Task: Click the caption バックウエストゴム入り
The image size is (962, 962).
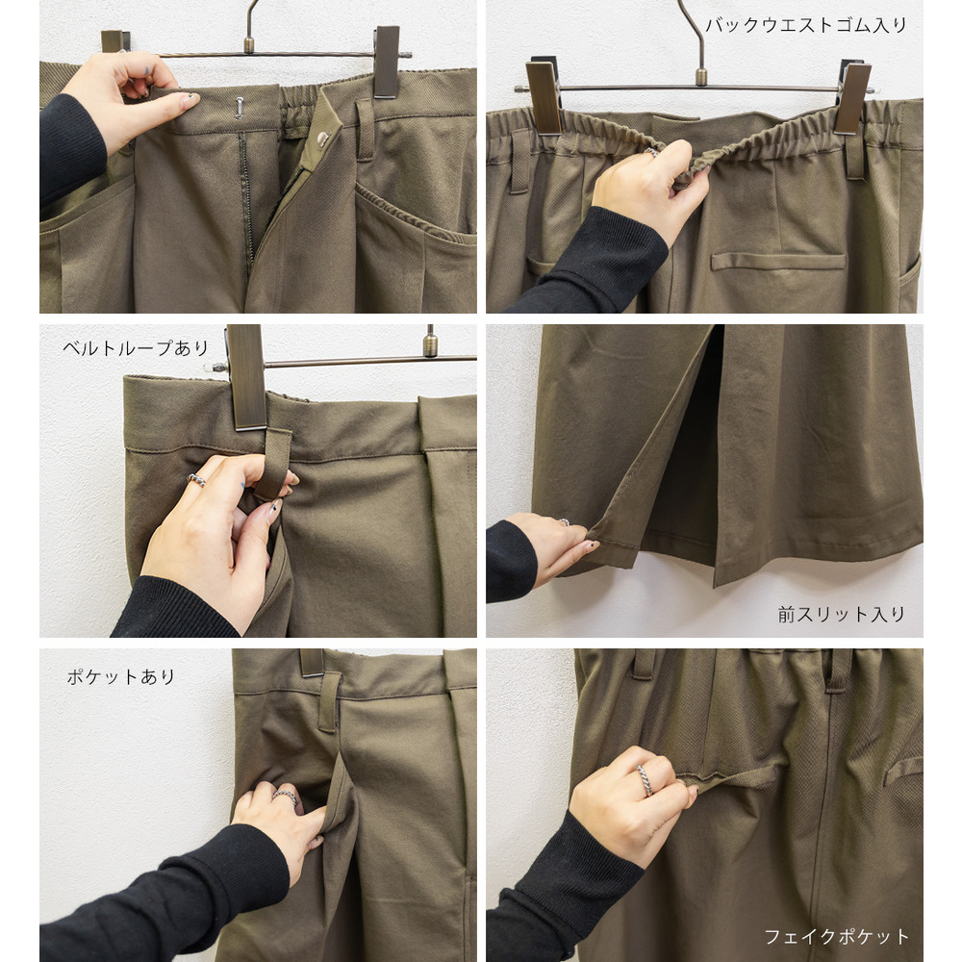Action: click(805, 25)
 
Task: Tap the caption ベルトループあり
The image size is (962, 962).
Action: click(136, 348)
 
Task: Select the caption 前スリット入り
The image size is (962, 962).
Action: click(841, 614)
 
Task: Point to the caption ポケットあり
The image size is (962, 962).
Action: click(121, 676)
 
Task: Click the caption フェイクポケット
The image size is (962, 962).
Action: click(836, 937)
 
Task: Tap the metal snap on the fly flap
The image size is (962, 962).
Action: click(322, 139)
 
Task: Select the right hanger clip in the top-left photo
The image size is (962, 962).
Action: click(387, 62)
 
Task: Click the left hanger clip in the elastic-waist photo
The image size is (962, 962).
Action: click(544, 96)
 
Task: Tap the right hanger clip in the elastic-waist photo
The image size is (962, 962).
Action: click(853, 97)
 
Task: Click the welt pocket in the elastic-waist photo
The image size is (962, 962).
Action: click(778, 262)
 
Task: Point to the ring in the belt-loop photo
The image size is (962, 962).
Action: click(196, 480)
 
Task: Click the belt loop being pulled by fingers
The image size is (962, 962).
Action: click(272, 464)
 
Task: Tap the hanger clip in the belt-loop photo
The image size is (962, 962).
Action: click(246, 377)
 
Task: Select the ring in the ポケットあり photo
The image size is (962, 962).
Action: click(285, 797)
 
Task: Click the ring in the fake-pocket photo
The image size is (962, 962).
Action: click(644, 780)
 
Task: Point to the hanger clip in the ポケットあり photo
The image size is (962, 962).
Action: click(312, 663)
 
